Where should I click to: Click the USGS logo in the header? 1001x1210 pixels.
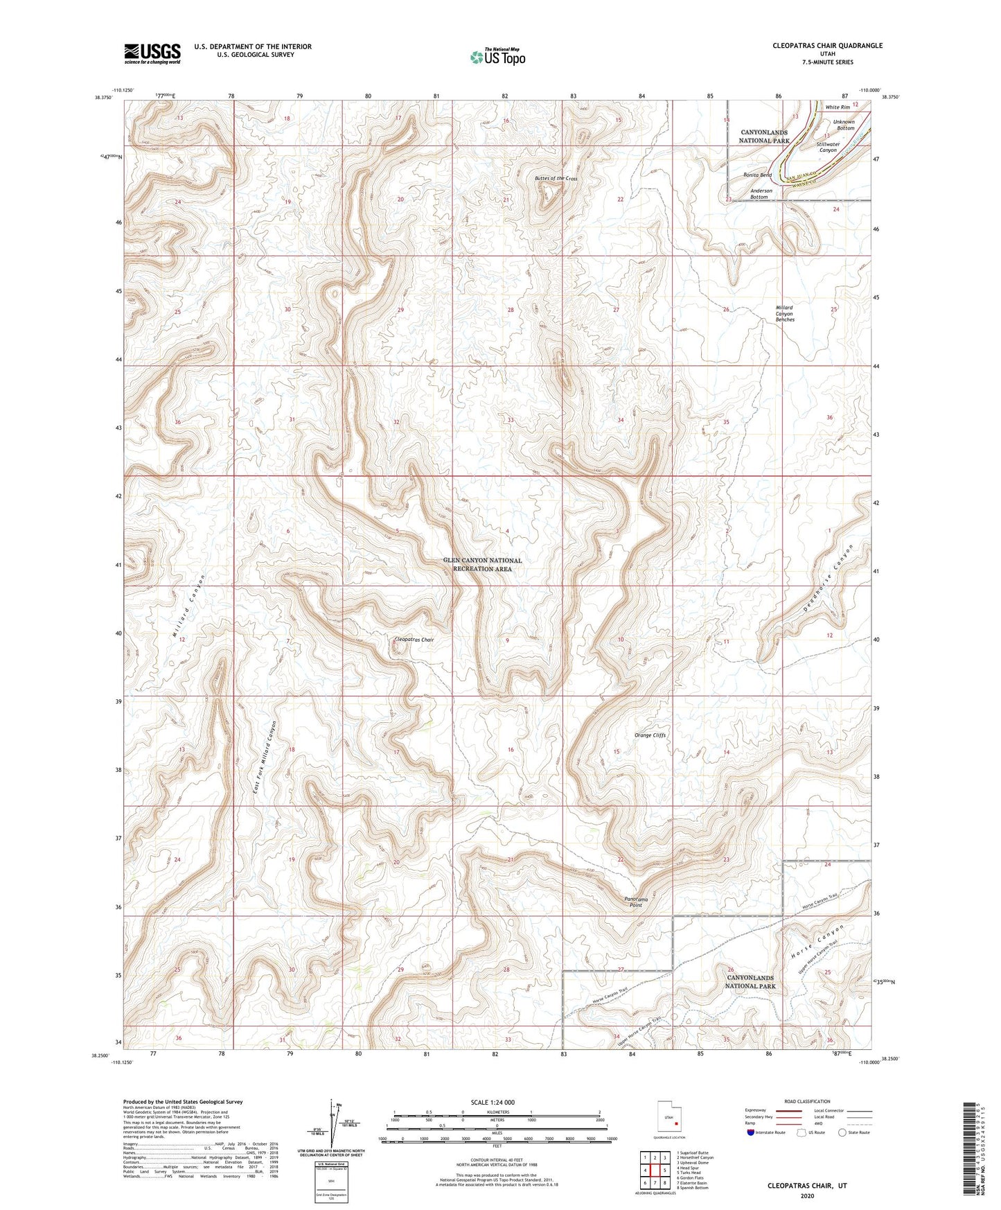point(152,53)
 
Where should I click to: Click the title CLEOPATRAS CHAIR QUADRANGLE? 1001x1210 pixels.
point(827,46)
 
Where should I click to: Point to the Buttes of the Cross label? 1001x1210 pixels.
point(556,179)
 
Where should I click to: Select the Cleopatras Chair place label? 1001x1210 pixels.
point(413,640)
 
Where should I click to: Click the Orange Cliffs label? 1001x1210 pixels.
point(650,735)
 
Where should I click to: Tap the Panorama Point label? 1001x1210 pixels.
point(636,902)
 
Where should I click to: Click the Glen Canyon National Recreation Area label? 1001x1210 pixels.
point(482,564)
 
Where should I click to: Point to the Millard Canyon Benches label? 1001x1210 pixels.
point(784,313)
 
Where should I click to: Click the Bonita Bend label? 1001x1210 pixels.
point(757,175)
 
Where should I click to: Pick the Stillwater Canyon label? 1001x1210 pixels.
point(829,148)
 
